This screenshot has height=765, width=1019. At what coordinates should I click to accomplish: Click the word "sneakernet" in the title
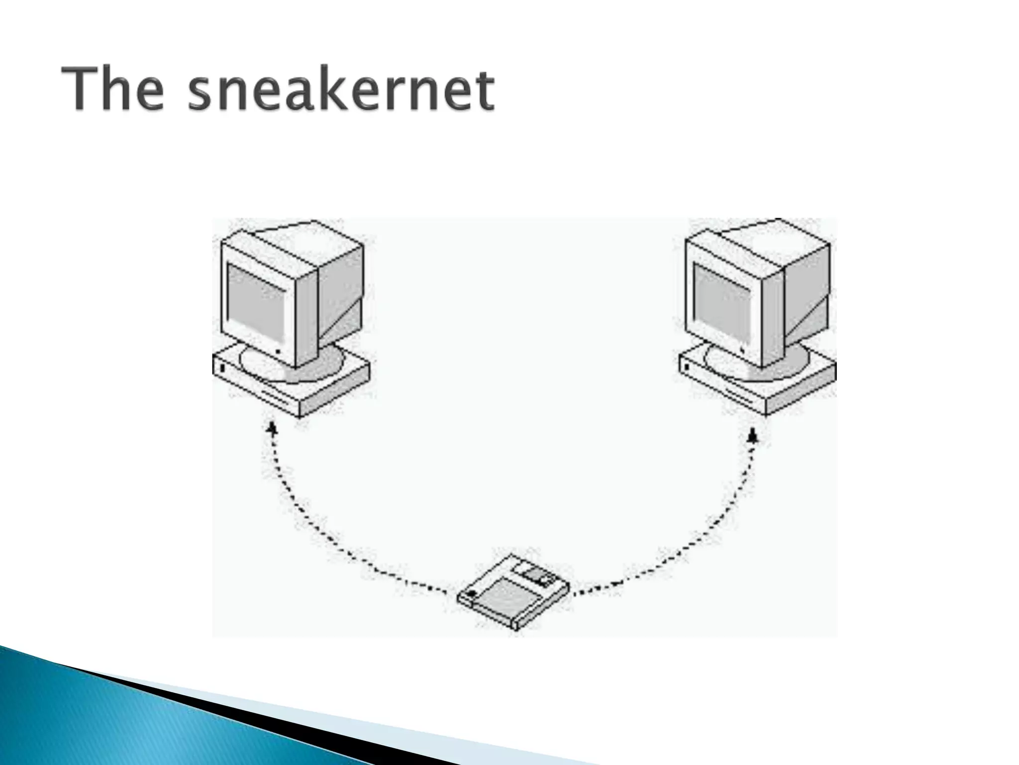(x=341, y=91)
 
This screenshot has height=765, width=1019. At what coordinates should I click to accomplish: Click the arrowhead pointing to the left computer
(x=272, y=428)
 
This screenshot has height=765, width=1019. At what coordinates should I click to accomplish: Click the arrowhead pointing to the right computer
(x=753, y=435)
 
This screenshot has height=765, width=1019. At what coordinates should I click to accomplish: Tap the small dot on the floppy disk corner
(x=471, y=593)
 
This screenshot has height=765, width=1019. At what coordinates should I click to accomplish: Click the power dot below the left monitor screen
(x=277, y=352)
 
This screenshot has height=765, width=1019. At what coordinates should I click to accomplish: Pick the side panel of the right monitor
(x=806, y=294)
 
